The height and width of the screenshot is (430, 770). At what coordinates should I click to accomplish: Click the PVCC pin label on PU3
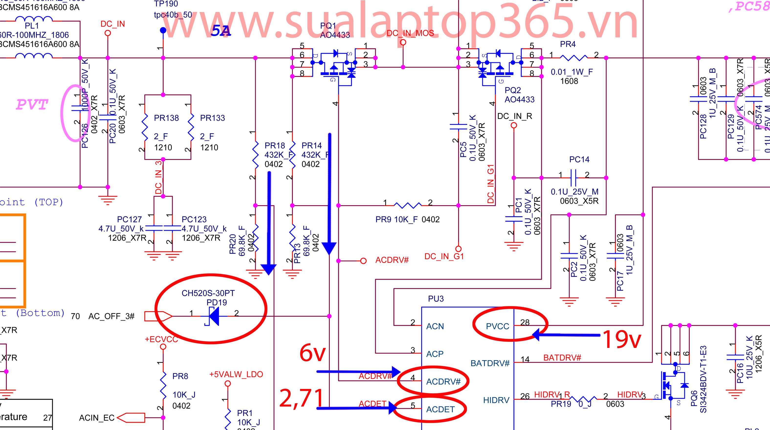tap(497, 326)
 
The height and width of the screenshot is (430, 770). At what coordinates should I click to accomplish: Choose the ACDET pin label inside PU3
tap(440, 409)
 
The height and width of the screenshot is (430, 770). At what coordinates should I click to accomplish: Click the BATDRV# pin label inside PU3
tap(490, 363)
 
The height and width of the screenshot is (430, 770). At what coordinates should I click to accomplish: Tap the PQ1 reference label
tap(328, 26)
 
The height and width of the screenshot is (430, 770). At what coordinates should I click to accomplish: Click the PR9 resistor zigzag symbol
tap(408, 205)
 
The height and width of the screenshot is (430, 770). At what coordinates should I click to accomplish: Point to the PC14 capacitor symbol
tap(573, 178)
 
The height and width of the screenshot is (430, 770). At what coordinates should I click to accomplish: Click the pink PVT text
tap(32, 105)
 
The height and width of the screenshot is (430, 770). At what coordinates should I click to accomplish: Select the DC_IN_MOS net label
tap(410, 33)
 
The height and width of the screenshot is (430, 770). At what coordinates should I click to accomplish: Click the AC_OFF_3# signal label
tap(111, 316)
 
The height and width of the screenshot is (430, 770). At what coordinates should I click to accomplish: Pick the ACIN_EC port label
tap(97, 418)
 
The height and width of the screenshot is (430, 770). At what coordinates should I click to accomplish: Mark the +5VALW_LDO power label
tap(236, 375)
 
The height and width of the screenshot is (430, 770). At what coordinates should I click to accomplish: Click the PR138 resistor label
tap(166, 118)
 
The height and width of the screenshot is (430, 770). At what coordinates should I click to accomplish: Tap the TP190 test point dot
tap(163, 30)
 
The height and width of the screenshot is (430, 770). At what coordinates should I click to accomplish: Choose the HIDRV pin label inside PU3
tap(496, 400)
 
